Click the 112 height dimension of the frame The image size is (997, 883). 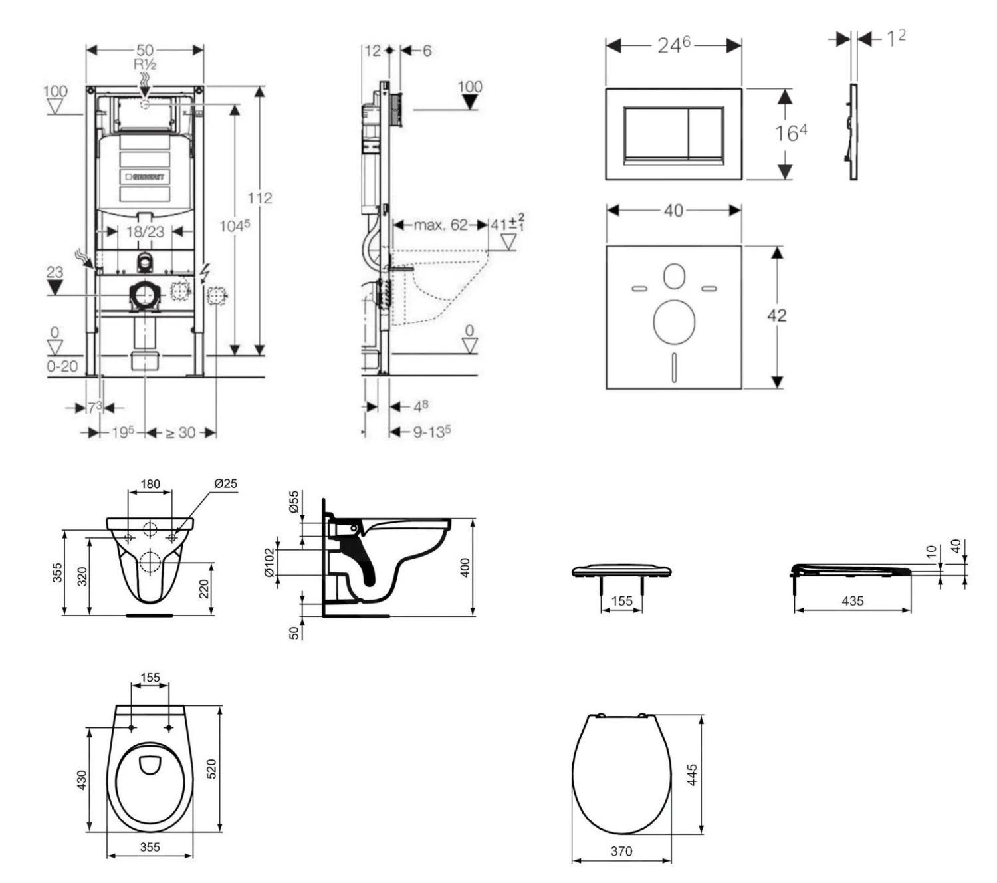(259, 198)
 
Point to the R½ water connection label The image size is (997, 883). (145, 64)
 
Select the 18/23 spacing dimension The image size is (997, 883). (145, 231)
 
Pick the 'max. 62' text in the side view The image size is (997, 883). (440, 225)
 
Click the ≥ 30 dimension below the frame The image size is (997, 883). (180, 433)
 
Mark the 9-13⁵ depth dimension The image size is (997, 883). (432, 432)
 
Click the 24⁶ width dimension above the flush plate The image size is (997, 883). (673, 45)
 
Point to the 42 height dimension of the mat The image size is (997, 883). (776, 315)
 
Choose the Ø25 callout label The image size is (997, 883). (225, 483)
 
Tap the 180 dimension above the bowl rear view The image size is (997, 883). (150, 483)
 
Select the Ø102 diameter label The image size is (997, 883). (269, 563)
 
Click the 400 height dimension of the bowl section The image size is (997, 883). (465, 567)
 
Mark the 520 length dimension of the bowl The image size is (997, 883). (211, 769)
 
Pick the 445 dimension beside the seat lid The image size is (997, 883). (692, 775)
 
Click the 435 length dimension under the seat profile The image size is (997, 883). (852, 601)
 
